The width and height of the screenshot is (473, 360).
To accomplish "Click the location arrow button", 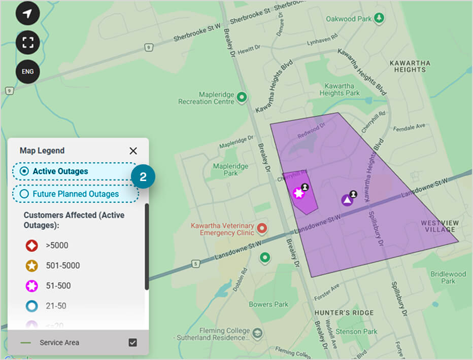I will pos(27,13).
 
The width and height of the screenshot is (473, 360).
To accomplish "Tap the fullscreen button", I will pos(27,42).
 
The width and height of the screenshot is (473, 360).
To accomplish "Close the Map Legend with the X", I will pos(133,151).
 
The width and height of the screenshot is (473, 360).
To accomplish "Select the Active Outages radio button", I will pos(24,171).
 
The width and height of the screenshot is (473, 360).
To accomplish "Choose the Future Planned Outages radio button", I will pos(24,194).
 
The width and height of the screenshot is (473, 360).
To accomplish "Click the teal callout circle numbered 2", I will pos(143,177).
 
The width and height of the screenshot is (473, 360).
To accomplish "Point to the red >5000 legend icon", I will pos(32,246).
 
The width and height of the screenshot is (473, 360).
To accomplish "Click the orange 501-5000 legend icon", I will pos(32,266).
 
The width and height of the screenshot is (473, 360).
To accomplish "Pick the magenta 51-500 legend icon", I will pos(32,286).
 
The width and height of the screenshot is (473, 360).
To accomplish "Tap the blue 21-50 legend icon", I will pos(32,306).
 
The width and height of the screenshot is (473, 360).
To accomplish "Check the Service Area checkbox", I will pos(133,342).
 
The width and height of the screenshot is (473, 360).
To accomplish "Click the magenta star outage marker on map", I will pos(298,193).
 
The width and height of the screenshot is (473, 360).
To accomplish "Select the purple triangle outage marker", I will pos(347,200).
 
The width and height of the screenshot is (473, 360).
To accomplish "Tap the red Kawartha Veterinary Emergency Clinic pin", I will pos(262,228).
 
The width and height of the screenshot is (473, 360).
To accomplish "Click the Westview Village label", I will pos(440,226).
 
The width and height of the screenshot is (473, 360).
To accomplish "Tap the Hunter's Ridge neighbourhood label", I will pos(344,313).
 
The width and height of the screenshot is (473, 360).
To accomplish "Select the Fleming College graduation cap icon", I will pos(258,333).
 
